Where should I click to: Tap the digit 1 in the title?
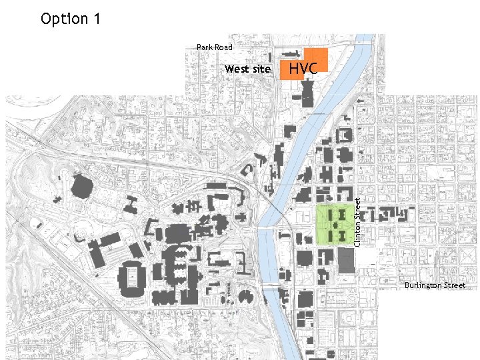click(97, 19)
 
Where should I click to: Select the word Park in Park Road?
click(205, 47)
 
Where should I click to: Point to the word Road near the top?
click(223, 47)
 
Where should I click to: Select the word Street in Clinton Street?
click(357, 207)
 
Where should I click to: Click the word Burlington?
click(423, 285)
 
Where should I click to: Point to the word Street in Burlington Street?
click(455, 285)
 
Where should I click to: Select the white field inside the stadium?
click(134, 275)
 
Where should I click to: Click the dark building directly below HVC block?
click(308, 91)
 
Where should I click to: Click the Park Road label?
click(214, 47)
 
